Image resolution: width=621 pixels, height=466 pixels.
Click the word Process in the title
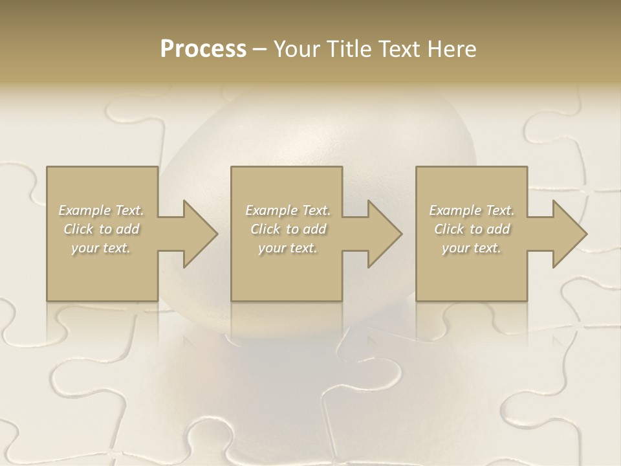point(203,49)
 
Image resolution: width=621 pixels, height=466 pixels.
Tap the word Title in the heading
point(351,49)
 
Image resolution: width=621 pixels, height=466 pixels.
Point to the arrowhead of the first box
point(197,234)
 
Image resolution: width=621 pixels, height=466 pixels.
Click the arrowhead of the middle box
point(382,234)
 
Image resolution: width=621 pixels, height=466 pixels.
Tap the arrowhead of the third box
point(567,234)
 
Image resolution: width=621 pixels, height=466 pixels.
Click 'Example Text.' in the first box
point(101,210)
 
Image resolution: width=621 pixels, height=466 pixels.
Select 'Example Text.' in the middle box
point(288,210)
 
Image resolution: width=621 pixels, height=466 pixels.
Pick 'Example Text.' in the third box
point(472,210)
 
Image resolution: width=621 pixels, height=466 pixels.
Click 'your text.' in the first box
point(101,248)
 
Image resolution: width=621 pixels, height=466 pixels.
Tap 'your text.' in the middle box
point(288,248)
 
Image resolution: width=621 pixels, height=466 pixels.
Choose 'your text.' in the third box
point(472,248)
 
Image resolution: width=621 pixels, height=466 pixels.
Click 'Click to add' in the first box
point(101,229)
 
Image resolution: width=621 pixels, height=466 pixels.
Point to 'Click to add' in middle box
point(288,229)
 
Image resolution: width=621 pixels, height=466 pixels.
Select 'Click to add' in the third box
point(472,229)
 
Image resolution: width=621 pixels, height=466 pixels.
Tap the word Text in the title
point(399,49)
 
